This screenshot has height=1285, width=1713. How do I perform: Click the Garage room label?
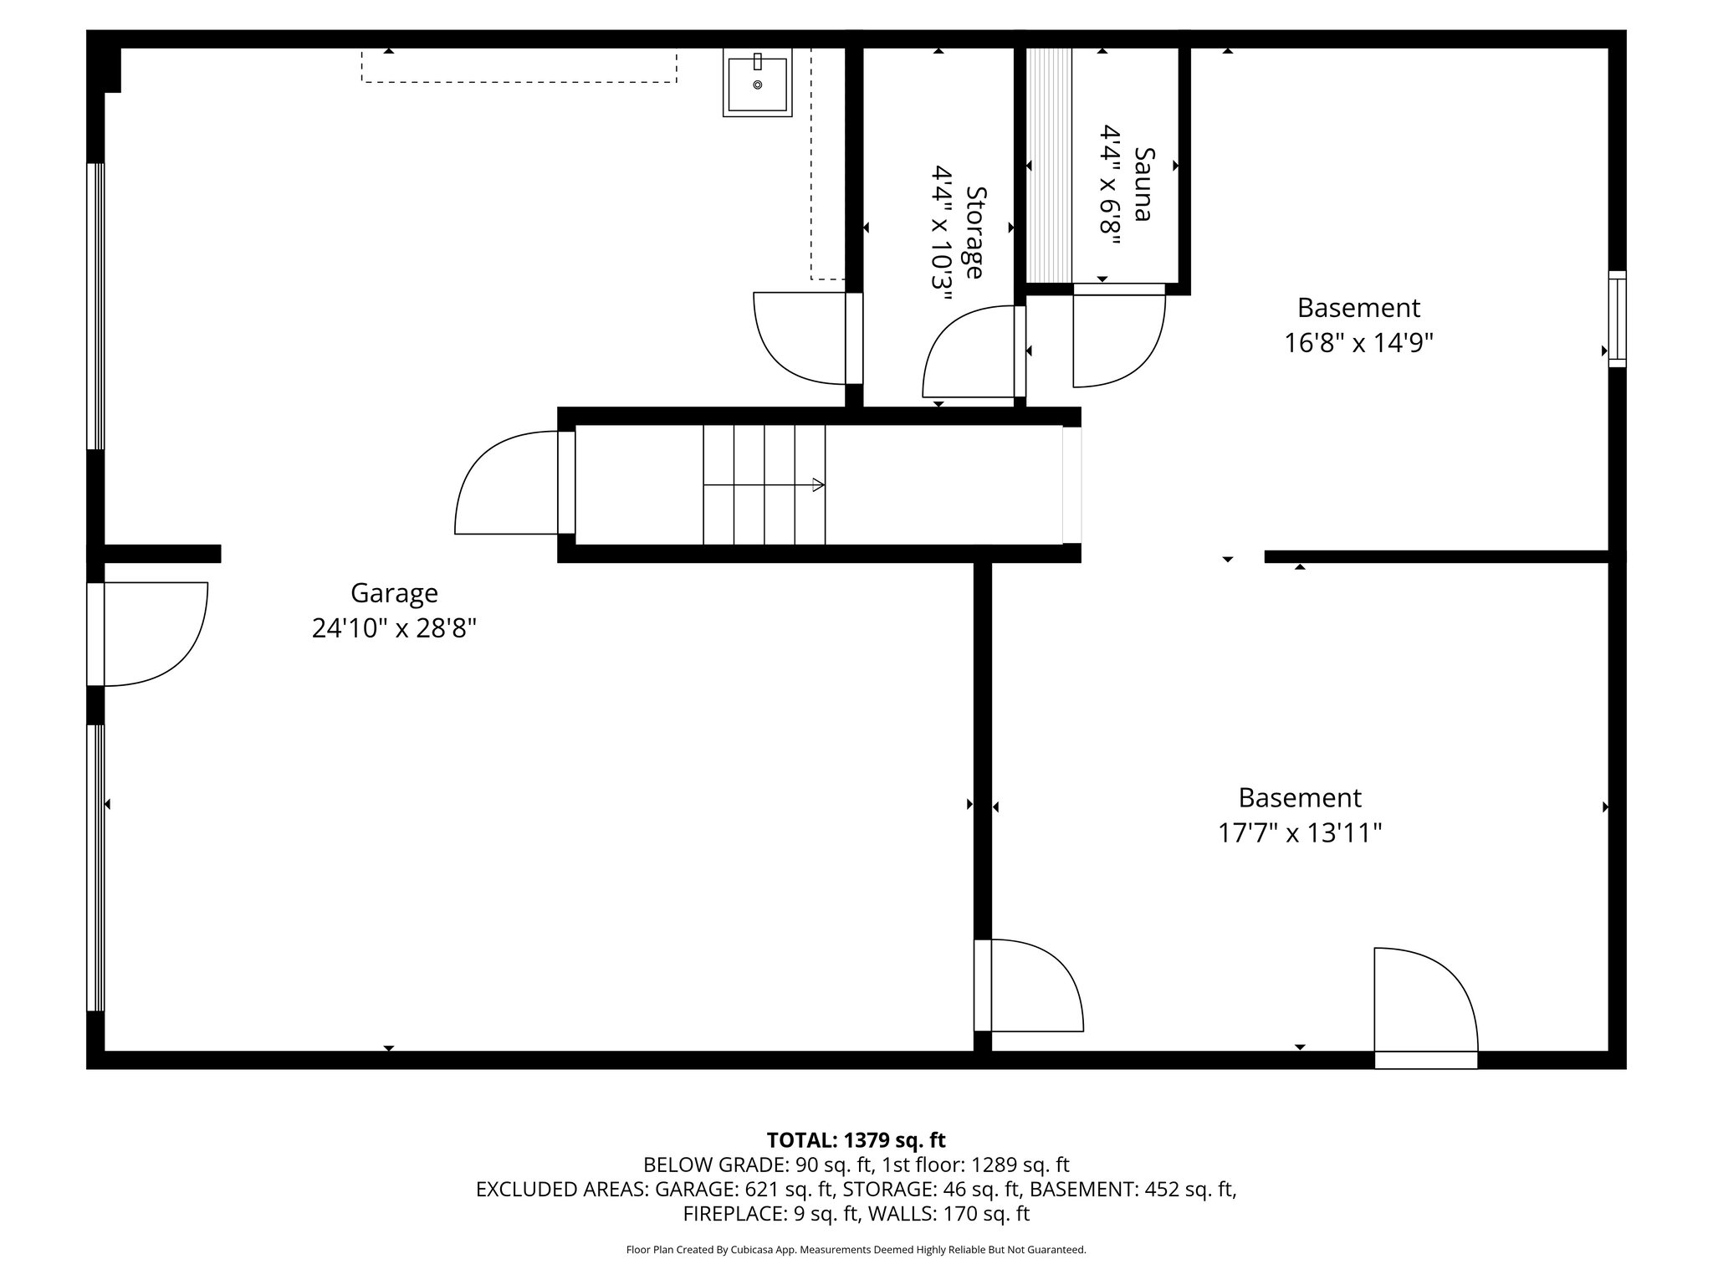[394, 593]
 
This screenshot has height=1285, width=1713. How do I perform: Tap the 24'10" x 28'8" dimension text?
[394, 628]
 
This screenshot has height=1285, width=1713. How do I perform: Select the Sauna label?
[1143, 184]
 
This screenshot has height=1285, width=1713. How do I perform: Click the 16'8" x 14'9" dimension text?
[1358, 343]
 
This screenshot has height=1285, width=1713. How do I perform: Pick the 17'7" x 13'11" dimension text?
[1299, 833]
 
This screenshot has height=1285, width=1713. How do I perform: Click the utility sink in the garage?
[757, 84]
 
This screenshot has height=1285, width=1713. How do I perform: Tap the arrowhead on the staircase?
[818, 484]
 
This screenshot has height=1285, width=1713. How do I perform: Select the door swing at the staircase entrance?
[507, 483]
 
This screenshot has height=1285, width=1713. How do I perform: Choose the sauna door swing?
[1117, 338]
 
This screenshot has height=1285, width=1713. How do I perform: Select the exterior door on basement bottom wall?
[1425, 1004]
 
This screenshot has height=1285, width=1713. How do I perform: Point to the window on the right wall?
[1618, 319]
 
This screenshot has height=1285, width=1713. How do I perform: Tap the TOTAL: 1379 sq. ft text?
[856, 1139]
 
